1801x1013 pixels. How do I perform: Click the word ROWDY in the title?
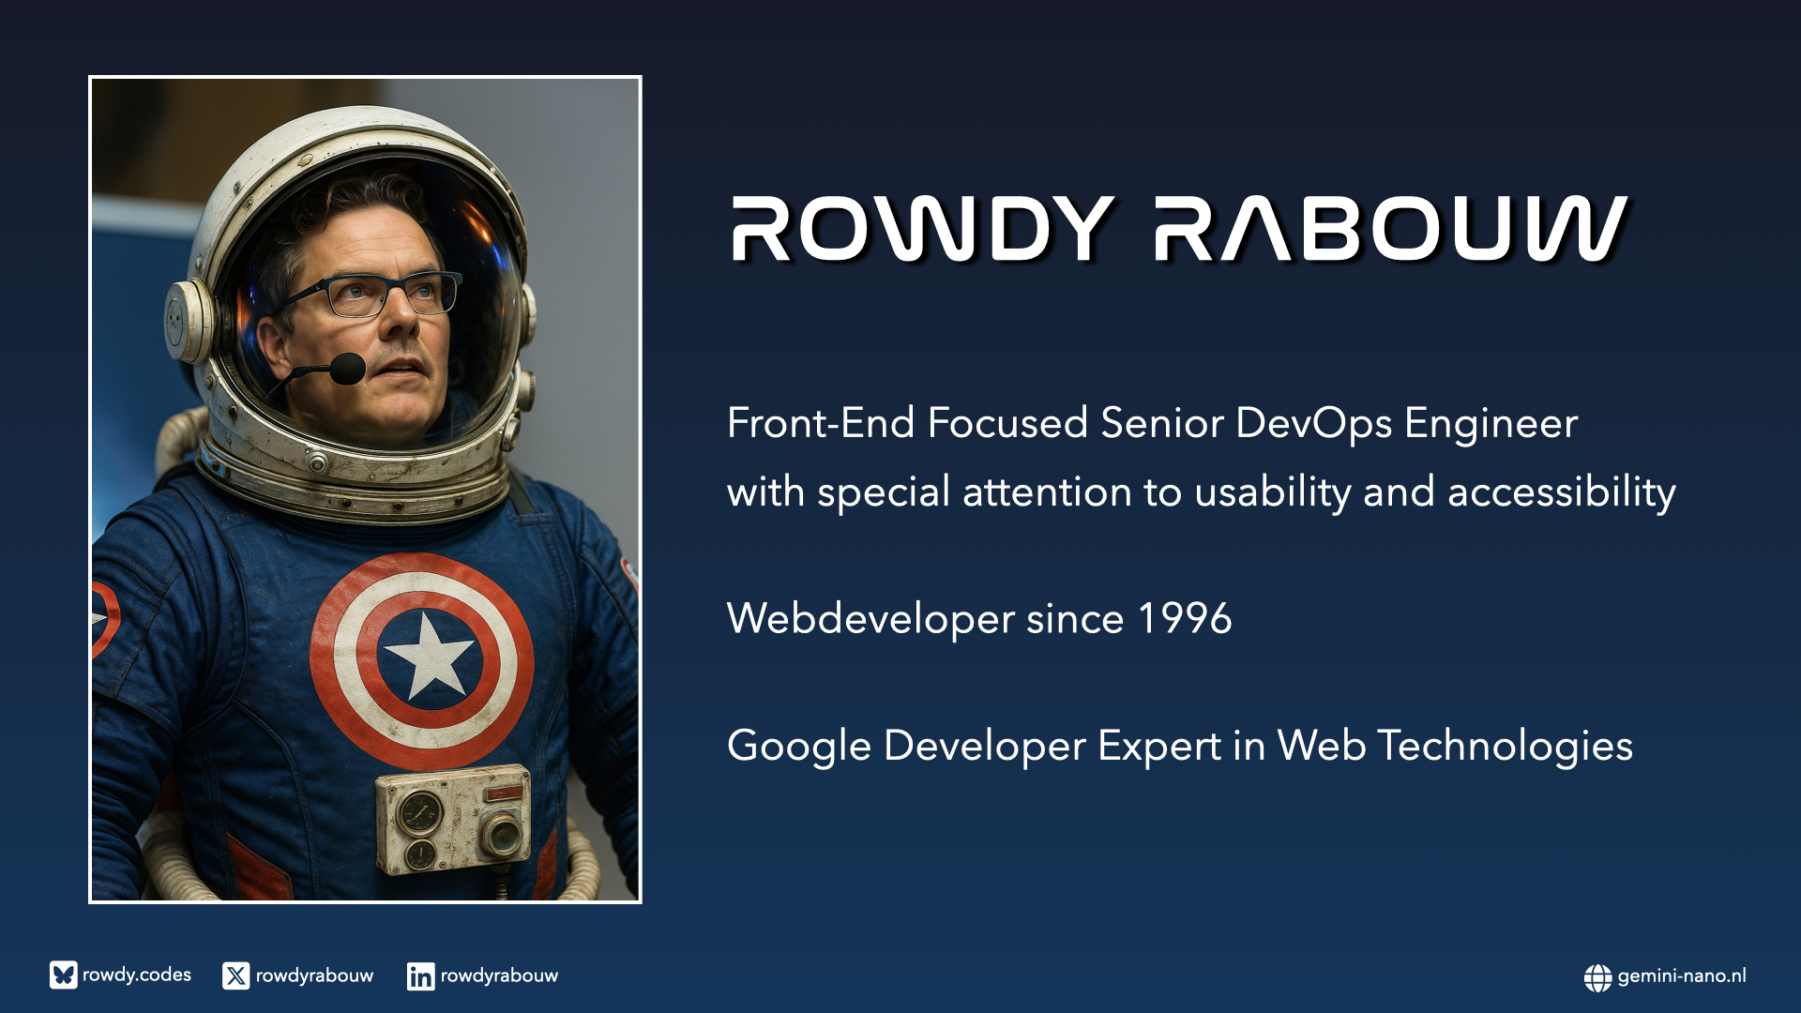(923, 228)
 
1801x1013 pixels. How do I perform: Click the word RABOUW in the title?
(1391, 228)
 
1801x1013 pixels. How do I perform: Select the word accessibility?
(1562, 491)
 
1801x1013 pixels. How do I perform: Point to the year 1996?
(1185, 619)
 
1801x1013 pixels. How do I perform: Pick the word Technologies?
(1505, 747)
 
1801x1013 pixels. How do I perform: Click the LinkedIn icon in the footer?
(420, 976)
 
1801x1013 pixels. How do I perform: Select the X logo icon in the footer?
(236, 976)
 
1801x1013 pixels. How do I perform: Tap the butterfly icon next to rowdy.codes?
(64, 975)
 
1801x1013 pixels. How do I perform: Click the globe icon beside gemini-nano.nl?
(1598, 977)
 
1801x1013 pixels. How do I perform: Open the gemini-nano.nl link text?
(1682, 976)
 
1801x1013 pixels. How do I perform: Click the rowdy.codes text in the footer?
(137, 975)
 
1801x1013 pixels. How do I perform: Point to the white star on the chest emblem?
(430, 654)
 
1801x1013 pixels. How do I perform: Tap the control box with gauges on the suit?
(454, 818)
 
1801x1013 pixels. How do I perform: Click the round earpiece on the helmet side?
(189, 321)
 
